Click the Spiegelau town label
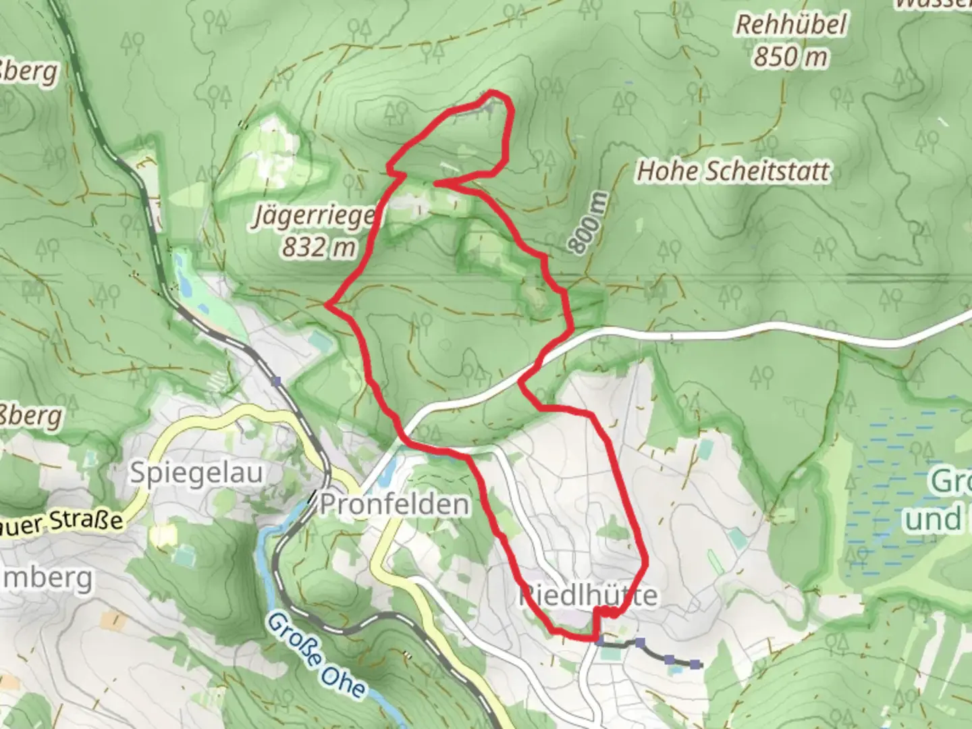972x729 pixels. [x=196, y=473]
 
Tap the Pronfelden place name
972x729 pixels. [x=394, y=504]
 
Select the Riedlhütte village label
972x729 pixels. [x=587, y=595]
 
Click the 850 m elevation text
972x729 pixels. [x=790, y=57]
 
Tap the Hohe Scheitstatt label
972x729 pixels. [x=733, y=171]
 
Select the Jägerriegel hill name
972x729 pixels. [x=315, y=217]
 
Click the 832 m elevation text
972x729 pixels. [x=318, y=247]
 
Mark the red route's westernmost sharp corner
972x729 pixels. [x=327, y=304]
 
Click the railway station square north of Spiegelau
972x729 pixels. [x=275, y=381]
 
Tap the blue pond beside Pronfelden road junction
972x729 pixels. [x=384, y=477]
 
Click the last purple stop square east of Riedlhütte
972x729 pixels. [x=695, y=665]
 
